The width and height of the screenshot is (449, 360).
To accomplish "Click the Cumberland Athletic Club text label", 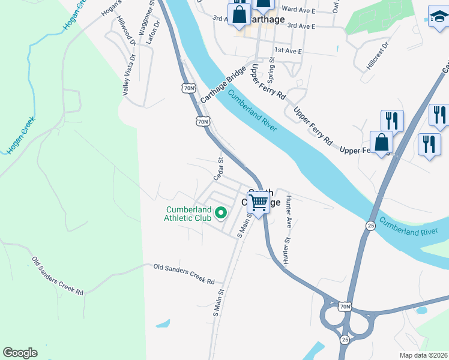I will coord(188,213).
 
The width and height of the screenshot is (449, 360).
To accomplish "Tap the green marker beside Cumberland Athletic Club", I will coord(221,212).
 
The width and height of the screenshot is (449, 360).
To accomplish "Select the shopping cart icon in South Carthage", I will coord(259,203).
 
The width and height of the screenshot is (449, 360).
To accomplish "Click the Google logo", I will coord(20,353).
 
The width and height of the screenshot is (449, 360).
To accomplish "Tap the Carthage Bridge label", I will coord(224,85).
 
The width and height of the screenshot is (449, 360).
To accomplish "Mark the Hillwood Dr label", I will coord(127,32).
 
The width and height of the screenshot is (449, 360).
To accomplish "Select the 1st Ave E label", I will coord(288,50).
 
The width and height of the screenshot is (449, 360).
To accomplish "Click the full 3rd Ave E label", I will coord(301,26).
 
